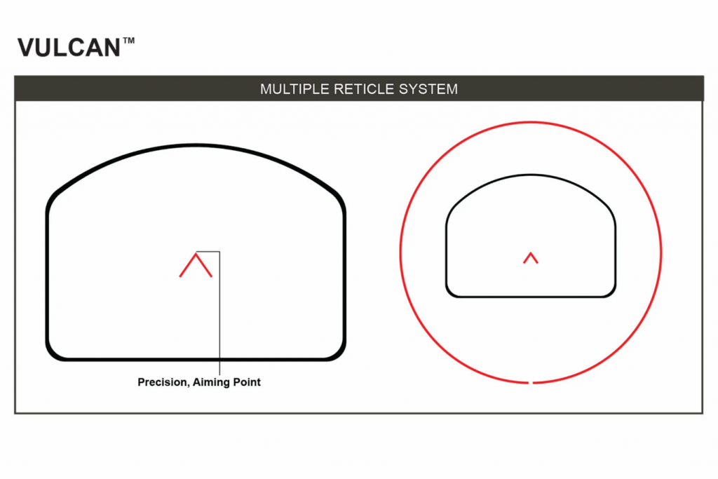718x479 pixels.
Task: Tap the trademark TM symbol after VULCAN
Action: click(128, 41)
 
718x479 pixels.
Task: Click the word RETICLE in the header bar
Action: click(356, 89)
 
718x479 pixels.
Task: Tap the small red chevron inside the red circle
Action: click(531, 257)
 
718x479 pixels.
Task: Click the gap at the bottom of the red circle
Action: click(531, 382)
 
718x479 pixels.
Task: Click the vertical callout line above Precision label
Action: click(220, 316)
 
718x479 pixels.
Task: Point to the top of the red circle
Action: click(531, 122)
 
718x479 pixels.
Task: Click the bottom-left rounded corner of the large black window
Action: click(53, 353)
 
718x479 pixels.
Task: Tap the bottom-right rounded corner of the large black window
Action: click(339, 353)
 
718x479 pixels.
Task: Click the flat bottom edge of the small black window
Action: click(531, 296)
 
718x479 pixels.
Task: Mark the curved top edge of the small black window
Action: click(531, 175)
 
